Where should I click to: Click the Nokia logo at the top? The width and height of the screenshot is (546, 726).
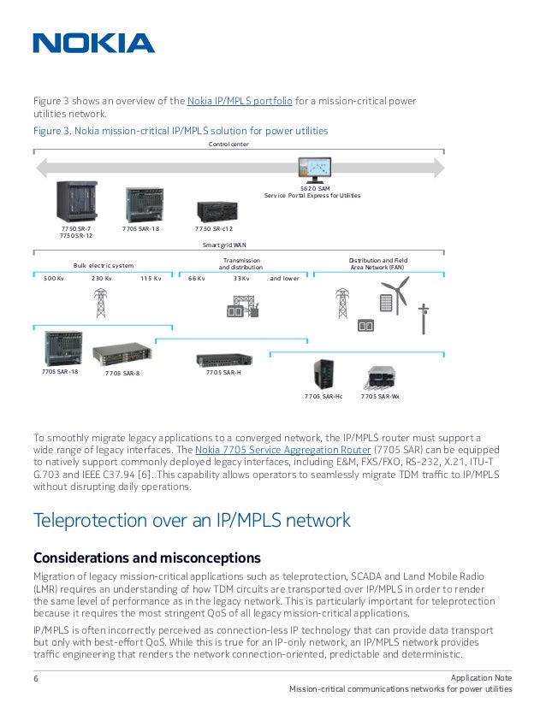(x=93, y=43)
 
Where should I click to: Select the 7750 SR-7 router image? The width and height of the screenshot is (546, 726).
(x=77, y=202)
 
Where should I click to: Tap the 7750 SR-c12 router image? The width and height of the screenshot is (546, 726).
(x=213, y=210)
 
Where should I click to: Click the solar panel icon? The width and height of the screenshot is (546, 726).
(x=386, y=303)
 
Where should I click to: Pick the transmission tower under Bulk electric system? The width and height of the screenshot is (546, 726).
(x=101, y=302)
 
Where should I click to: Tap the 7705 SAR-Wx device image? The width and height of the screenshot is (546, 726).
(x=380, y=377)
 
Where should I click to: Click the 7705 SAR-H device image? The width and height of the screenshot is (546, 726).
(x=223, y=360)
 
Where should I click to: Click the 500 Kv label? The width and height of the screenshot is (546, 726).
(x=53, y=278)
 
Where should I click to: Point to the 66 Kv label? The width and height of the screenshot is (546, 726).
(x=197, y=278)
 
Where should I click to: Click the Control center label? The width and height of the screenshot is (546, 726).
(x=228, y=145)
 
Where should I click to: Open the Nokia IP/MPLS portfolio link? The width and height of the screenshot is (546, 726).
(x=239, y=101)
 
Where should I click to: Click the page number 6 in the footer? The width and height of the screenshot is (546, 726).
(x=36, y=679)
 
